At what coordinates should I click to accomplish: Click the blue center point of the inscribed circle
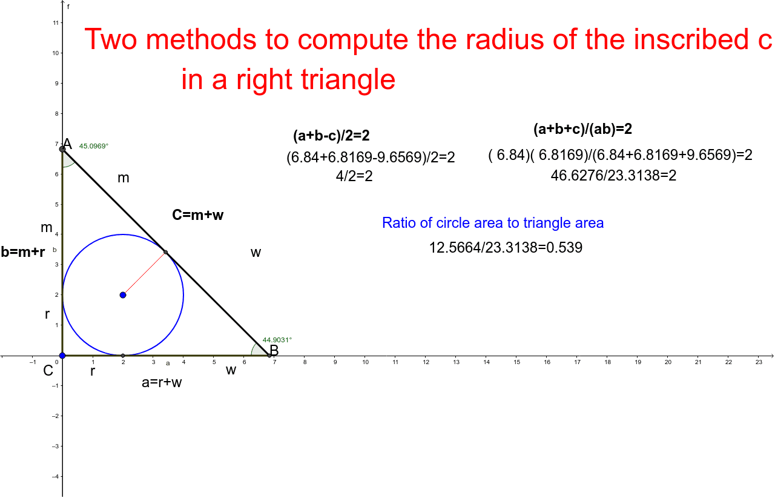pyautogui.click(x=123, y=295)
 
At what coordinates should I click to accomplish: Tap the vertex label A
pyautogui.click(x=67, y=144)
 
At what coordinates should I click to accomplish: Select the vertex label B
pyautogui.click(x=274, y=350)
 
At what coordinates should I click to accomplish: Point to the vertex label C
pyautogui.click(x=48, y=371)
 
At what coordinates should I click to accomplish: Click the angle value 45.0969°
pyautogui.click(x=94, y=146)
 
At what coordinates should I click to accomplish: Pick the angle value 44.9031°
pyautogui.click(x=277, y=340)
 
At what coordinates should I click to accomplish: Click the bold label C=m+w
pyautogui.click(x=198, y=215)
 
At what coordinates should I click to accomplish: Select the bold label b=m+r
pyautogui.click(x=23, y=252)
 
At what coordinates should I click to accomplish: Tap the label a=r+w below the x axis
pyautogui.click(x=162, y=383)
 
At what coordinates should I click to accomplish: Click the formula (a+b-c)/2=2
pyautogui.click(x=331, y=136)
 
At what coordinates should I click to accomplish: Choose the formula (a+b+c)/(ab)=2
pyautogui.click(x=582, y=129)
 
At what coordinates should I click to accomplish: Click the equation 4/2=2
pyautogui.click(x=354, y=176)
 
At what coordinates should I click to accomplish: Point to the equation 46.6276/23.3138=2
pyautogui.click(x=613, y=176)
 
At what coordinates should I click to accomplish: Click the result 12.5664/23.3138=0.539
pyautogui.click(x=506, y=248)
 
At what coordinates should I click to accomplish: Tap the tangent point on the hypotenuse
pyautogui.click(x=166, y=252)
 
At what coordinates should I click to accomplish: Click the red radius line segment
pyautogui.click(x=144, y=274)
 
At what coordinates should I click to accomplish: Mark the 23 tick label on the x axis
pyautogui.click(x=759, y=362)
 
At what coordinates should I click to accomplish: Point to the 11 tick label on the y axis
pyautogui.click(x=56, y=23)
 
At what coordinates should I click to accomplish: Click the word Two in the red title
pyautogui.click(x=111, y=39)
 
